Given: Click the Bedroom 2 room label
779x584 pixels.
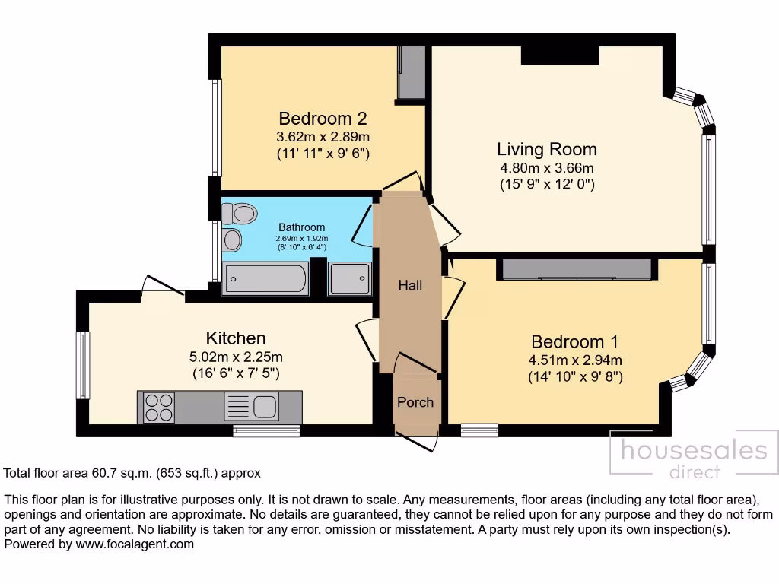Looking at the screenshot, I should (323, 119).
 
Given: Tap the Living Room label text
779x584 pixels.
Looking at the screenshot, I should (546, 149).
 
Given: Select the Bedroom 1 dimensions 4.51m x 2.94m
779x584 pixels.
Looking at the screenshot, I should (575, 360).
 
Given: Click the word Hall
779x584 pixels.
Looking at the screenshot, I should (410, 286).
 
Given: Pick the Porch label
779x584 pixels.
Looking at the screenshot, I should (415, 402).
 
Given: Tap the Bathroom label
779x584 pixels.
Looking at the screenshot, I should (301, 227).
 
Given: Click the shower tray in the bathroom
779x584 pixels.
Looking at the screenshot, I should (350, 279).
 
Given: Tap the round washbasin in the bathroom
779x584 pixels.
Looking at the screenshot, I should (232, 240).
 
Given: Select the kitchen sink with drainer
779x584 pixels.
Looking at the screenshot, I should (252, 407).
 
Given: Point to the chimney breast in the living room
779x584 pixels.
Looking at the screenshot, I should (559, 55).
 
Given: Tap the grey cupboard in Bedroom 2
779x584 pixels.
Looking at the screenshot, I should (412, 73).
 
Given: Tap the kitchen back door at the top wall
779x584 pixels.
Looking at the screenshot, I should (162, 287).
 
